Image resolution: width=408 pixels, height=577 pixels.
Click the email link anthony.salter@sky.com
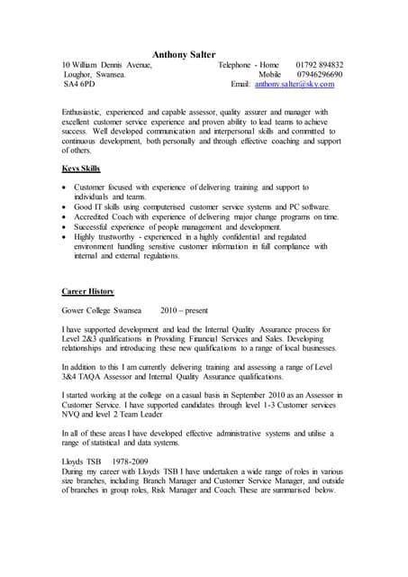(x=294, y=84)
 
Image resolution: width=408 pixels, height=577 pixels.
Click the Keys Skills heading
(x=81, y=169)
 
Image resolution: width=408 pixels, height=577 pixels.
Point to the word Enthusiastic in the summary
(x=86, y=113)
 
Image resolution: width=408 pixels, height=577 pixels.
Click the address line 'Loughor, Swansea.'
(x=94, y=75)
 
